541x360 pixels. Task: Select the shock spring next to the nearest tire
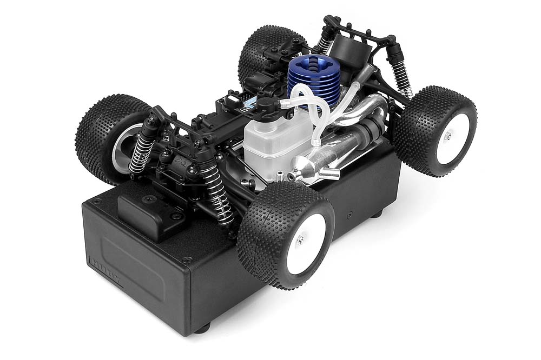click(x=219, y=195)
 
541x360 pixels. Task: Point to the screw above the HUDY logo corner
click(x=97, y=203)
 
